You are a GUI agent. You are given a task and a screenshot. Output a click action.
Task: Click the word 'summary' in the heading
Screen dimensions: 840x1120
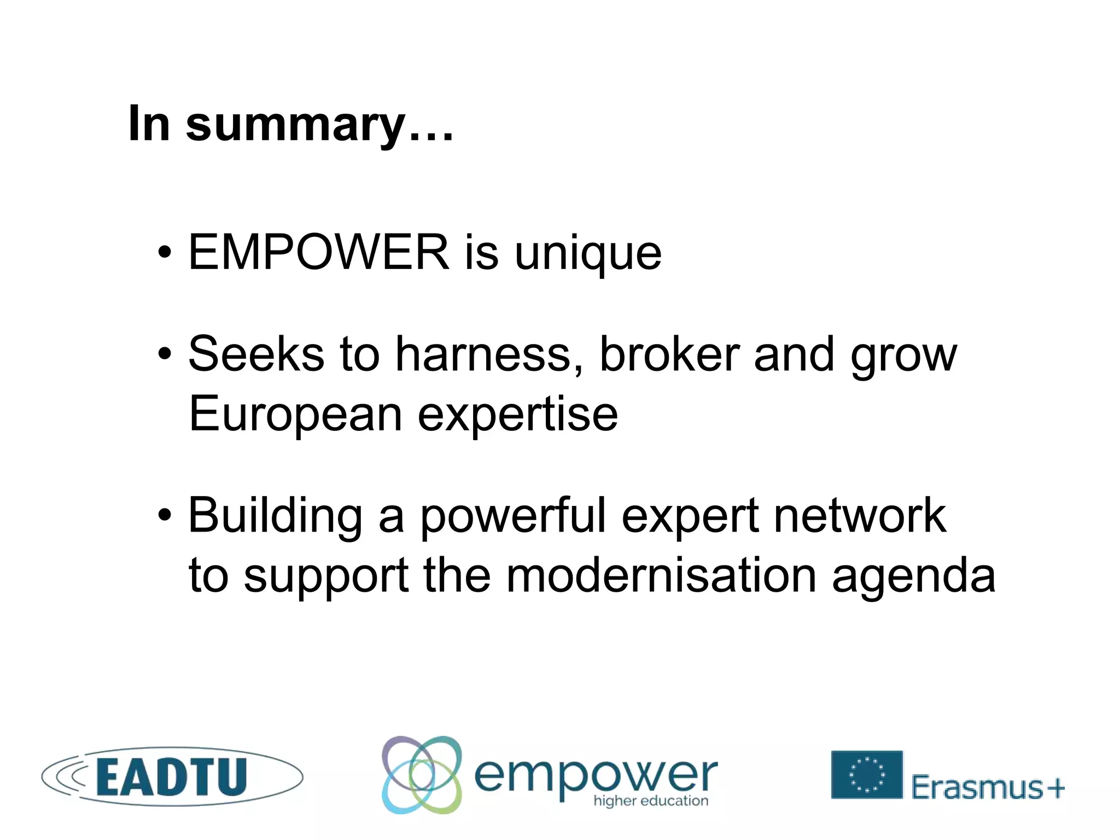(x=295, y=125)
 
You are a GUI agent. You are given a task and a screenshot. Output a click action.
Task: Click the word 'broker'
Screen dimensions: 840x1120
(x=669, y=354)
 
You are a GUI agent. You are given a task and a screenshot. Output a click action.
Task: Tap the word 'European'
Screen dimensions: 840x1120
(x=295, y=415)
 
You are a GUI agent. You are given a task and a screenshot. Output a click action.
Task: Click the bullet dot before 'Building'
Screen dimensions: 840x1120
(x=165, y=515)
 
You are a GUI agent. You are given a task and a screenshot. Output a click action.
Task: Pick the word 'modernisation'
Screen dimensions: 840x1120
(x=661, y=575)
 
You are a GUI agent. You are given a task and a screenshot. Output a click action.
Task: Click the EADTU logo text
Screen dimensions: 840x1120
(x=172, y=777)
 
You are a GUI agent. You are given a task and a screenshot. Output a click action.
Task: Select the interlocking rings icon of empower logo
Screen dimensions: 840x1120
(x=422, y=775)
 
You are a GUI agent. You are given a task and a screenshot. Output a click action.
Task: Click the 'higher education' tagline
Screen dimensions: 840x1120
(x=651, y=801)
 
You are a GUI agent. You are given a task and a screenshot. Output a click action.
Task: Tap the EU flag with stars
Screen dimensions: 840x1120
(x=866, y=774)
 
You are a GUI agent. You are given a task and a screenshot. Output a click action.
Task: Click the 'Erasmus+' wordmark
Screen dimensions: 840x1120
(x=988, y=787)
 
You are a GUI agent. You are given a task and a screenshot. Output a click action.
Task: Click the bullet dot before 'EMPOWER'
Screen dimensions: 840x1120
(x=165, y=253)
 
